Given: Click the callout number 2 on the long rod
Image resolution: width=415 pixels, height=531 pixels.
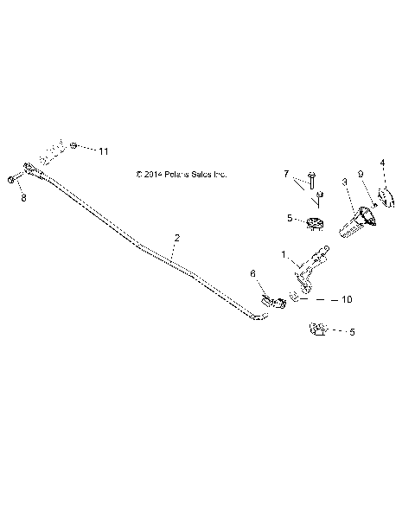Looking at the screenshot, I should click(177, 237).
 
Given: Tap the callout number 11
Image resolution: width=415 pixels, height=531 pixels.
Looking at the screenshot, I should click(104, 151).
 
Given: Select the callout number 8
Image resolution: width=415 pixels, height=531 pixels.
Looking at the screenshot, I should click(23, 197).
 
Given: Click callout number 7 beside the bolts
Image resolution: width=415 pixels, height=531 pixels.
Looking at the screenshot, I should click(287, 174).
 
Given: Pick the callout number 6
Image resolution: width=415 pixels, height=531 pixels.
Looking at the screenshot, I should click(252, 273).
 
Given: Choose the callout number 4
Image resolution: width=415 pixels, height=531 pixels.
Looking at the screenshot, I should click(382, 162).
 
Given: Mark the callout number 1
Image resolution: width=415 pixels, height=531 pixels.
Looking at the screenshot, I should click(283, 254).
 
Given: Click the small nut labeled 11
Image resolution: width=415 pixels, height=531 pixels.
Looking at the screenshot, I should click(76, 145).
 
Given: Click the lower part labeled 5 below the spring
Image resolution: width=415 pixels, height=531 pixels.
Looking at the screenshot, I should click(316, 329).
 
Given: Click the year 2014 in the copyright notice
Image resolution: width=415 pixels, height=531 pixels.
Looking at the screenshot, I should click(153, 174).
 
